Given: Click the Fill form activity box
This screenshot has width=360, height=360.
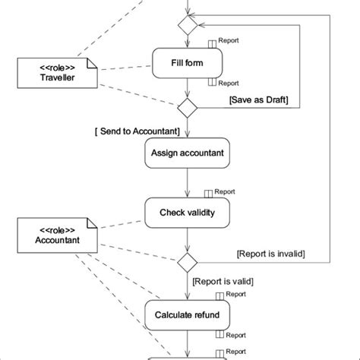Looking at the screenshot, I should click(187, 63).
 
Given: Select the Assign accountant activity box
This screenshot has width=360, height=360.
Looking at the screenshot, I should click(187, 153).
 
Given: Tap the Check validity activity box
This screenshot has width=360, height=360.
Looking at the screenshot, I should click(187, 213).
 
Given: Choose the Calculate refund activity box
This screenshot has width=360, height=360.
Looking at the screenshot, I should click(187, 314).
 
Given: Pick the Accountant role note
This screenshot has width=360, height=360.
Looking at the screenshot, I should click(58, 236).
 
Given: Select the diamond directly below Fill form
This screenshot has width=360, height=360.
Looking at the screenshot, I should click(187, 106).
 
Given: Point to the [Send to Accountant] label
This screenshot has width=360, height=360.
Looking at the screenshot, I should click(137, 131).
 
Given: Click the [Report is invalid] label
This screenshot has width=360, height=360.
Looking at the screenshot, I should click(270, 254).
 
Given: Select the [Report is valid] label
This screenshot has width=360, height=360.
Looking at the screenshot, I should click(223, 280).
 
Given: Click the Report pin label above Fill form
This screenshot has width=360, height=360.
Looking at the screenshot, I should click(229, 41).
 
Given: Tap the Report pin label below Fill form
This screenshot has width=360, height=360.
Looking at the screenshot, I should click(229, 84).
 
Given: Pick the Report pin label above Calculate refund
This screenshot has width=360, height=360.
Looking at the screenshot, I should click(235, 294).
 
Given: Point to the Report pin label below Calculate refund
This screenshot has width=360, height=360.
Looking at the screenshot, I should click(235, 333).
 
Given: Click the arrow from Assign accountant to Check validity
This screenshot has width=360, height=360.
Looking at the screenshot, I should click(187, 183).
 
